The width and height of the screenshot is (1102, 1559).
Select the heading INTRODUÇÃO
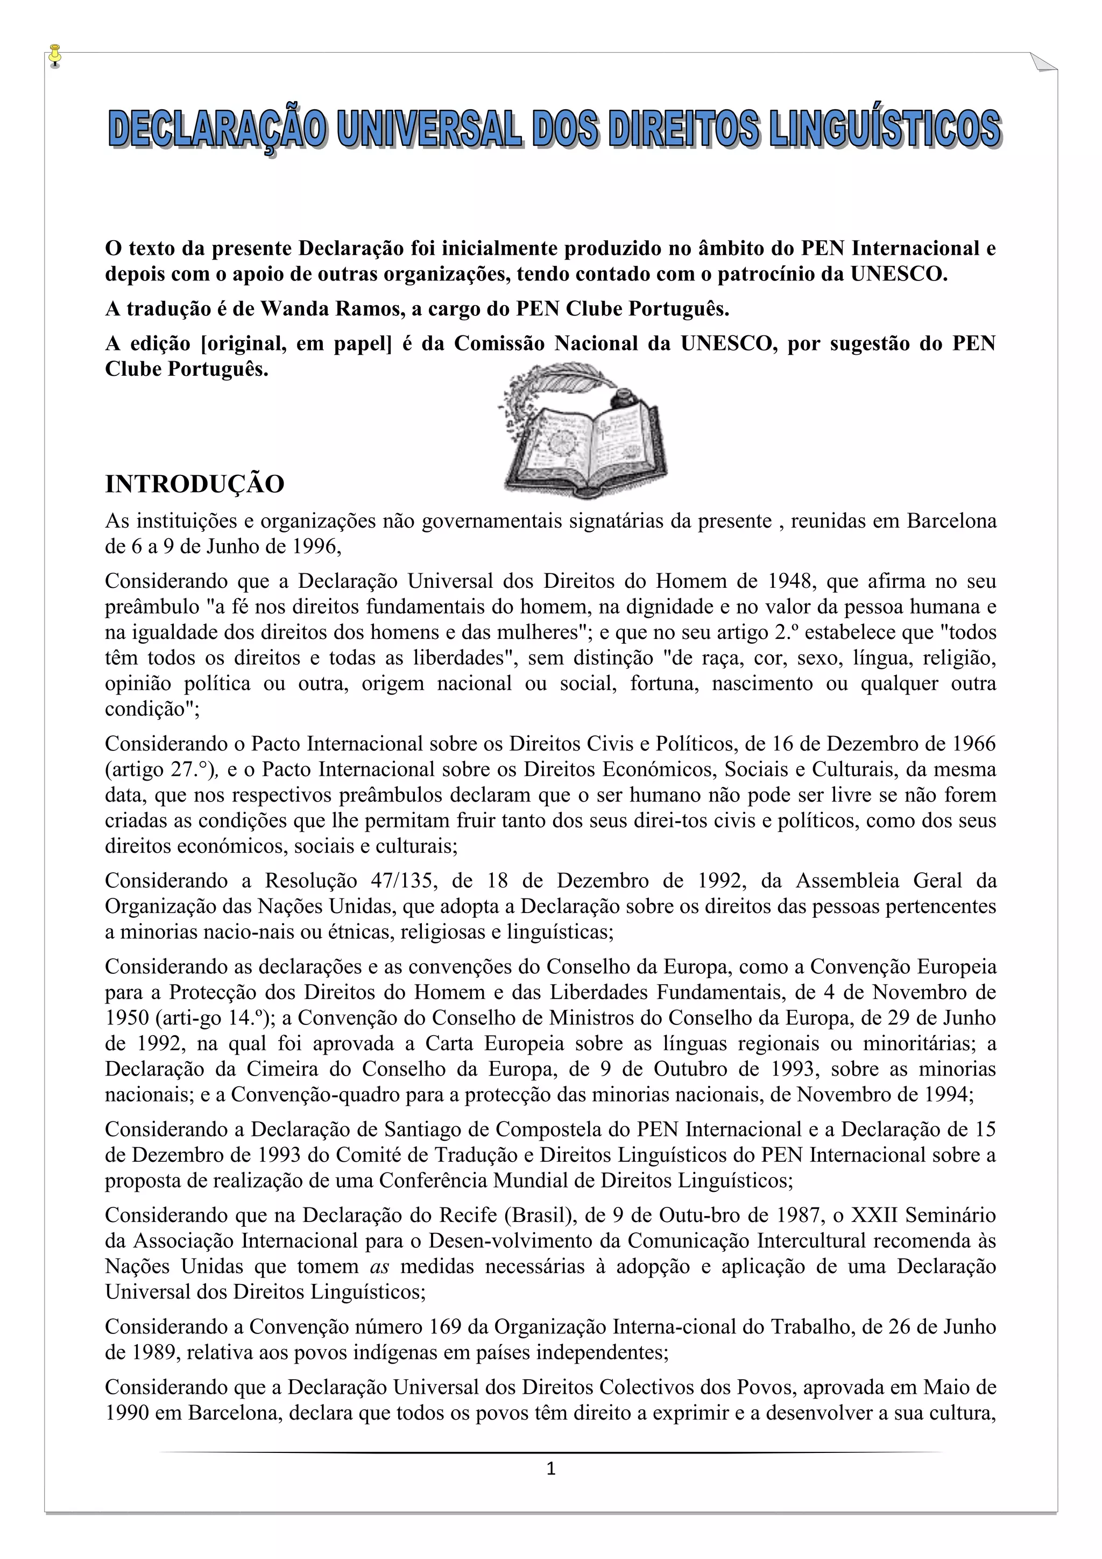pyautogui.click(x=194, y=484)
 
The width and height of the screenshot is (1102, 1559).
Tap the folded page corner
pyautogui.click(x=1043, y=62)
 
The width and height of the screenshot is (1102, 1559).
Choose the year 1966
pyautogui.click(x=972, y=743)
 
